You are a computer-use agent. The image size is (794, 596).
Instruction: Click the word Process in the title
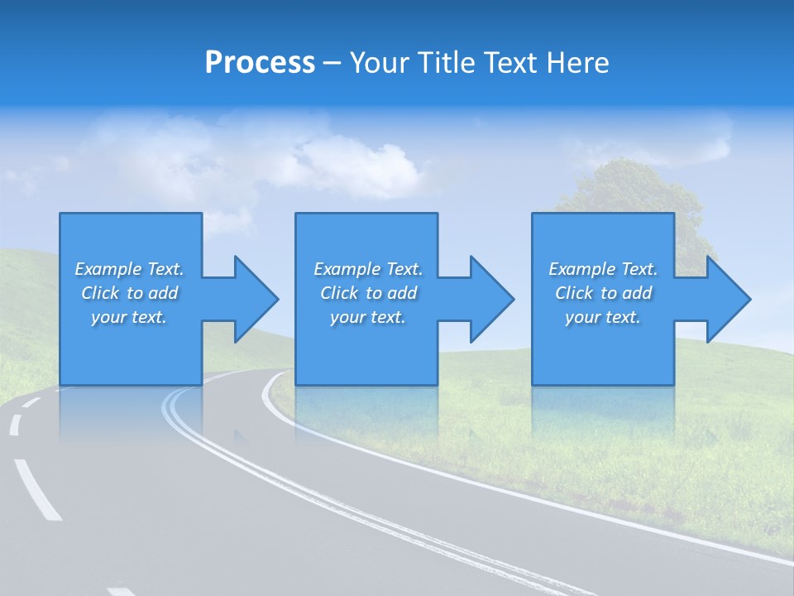[260, 63]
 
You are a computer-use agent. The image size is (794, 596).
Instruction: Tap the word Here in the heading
[578, 63]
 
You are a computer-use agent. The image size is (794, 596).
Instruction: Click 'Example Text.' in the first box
[129, 269]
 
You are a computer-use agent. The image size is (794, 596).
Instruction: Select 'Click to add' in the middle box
[368, 293]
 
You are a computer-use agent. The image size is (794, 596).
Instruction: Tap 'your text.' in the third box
[602, 317]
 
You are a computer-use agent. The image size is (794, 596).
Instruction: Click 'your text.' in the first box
[129, 317]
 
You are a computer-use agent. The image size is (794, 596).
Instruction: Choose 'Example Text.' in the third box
[602, 269]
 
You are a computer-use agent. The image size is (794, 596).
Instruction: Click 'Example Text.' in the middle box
[368, 269]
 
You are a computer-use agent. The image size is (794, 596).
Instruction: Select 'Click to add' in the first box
[129, 293]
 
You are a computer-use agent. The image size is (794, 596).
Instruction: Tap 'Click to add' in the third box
[602, 293]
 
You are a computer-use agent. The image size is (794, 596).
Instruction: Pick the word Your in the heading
[380, 63]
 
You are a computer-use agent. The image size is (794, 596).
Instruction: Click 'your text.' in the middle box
[368, 317]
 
